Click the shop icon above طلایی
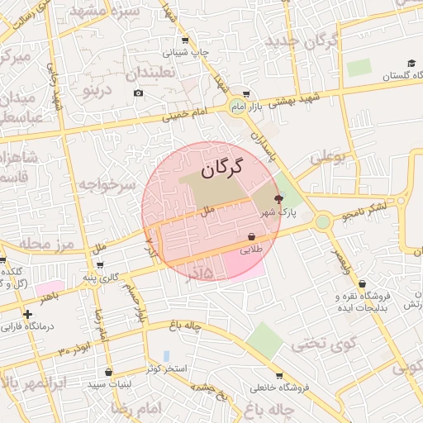point(251,237)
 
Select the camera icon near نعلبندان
point(138,93)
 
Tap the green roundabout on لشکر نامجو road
point(322,221)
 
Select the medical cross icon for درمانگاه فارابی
point(27,314)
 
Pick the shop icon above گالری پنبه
point(100,265)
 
